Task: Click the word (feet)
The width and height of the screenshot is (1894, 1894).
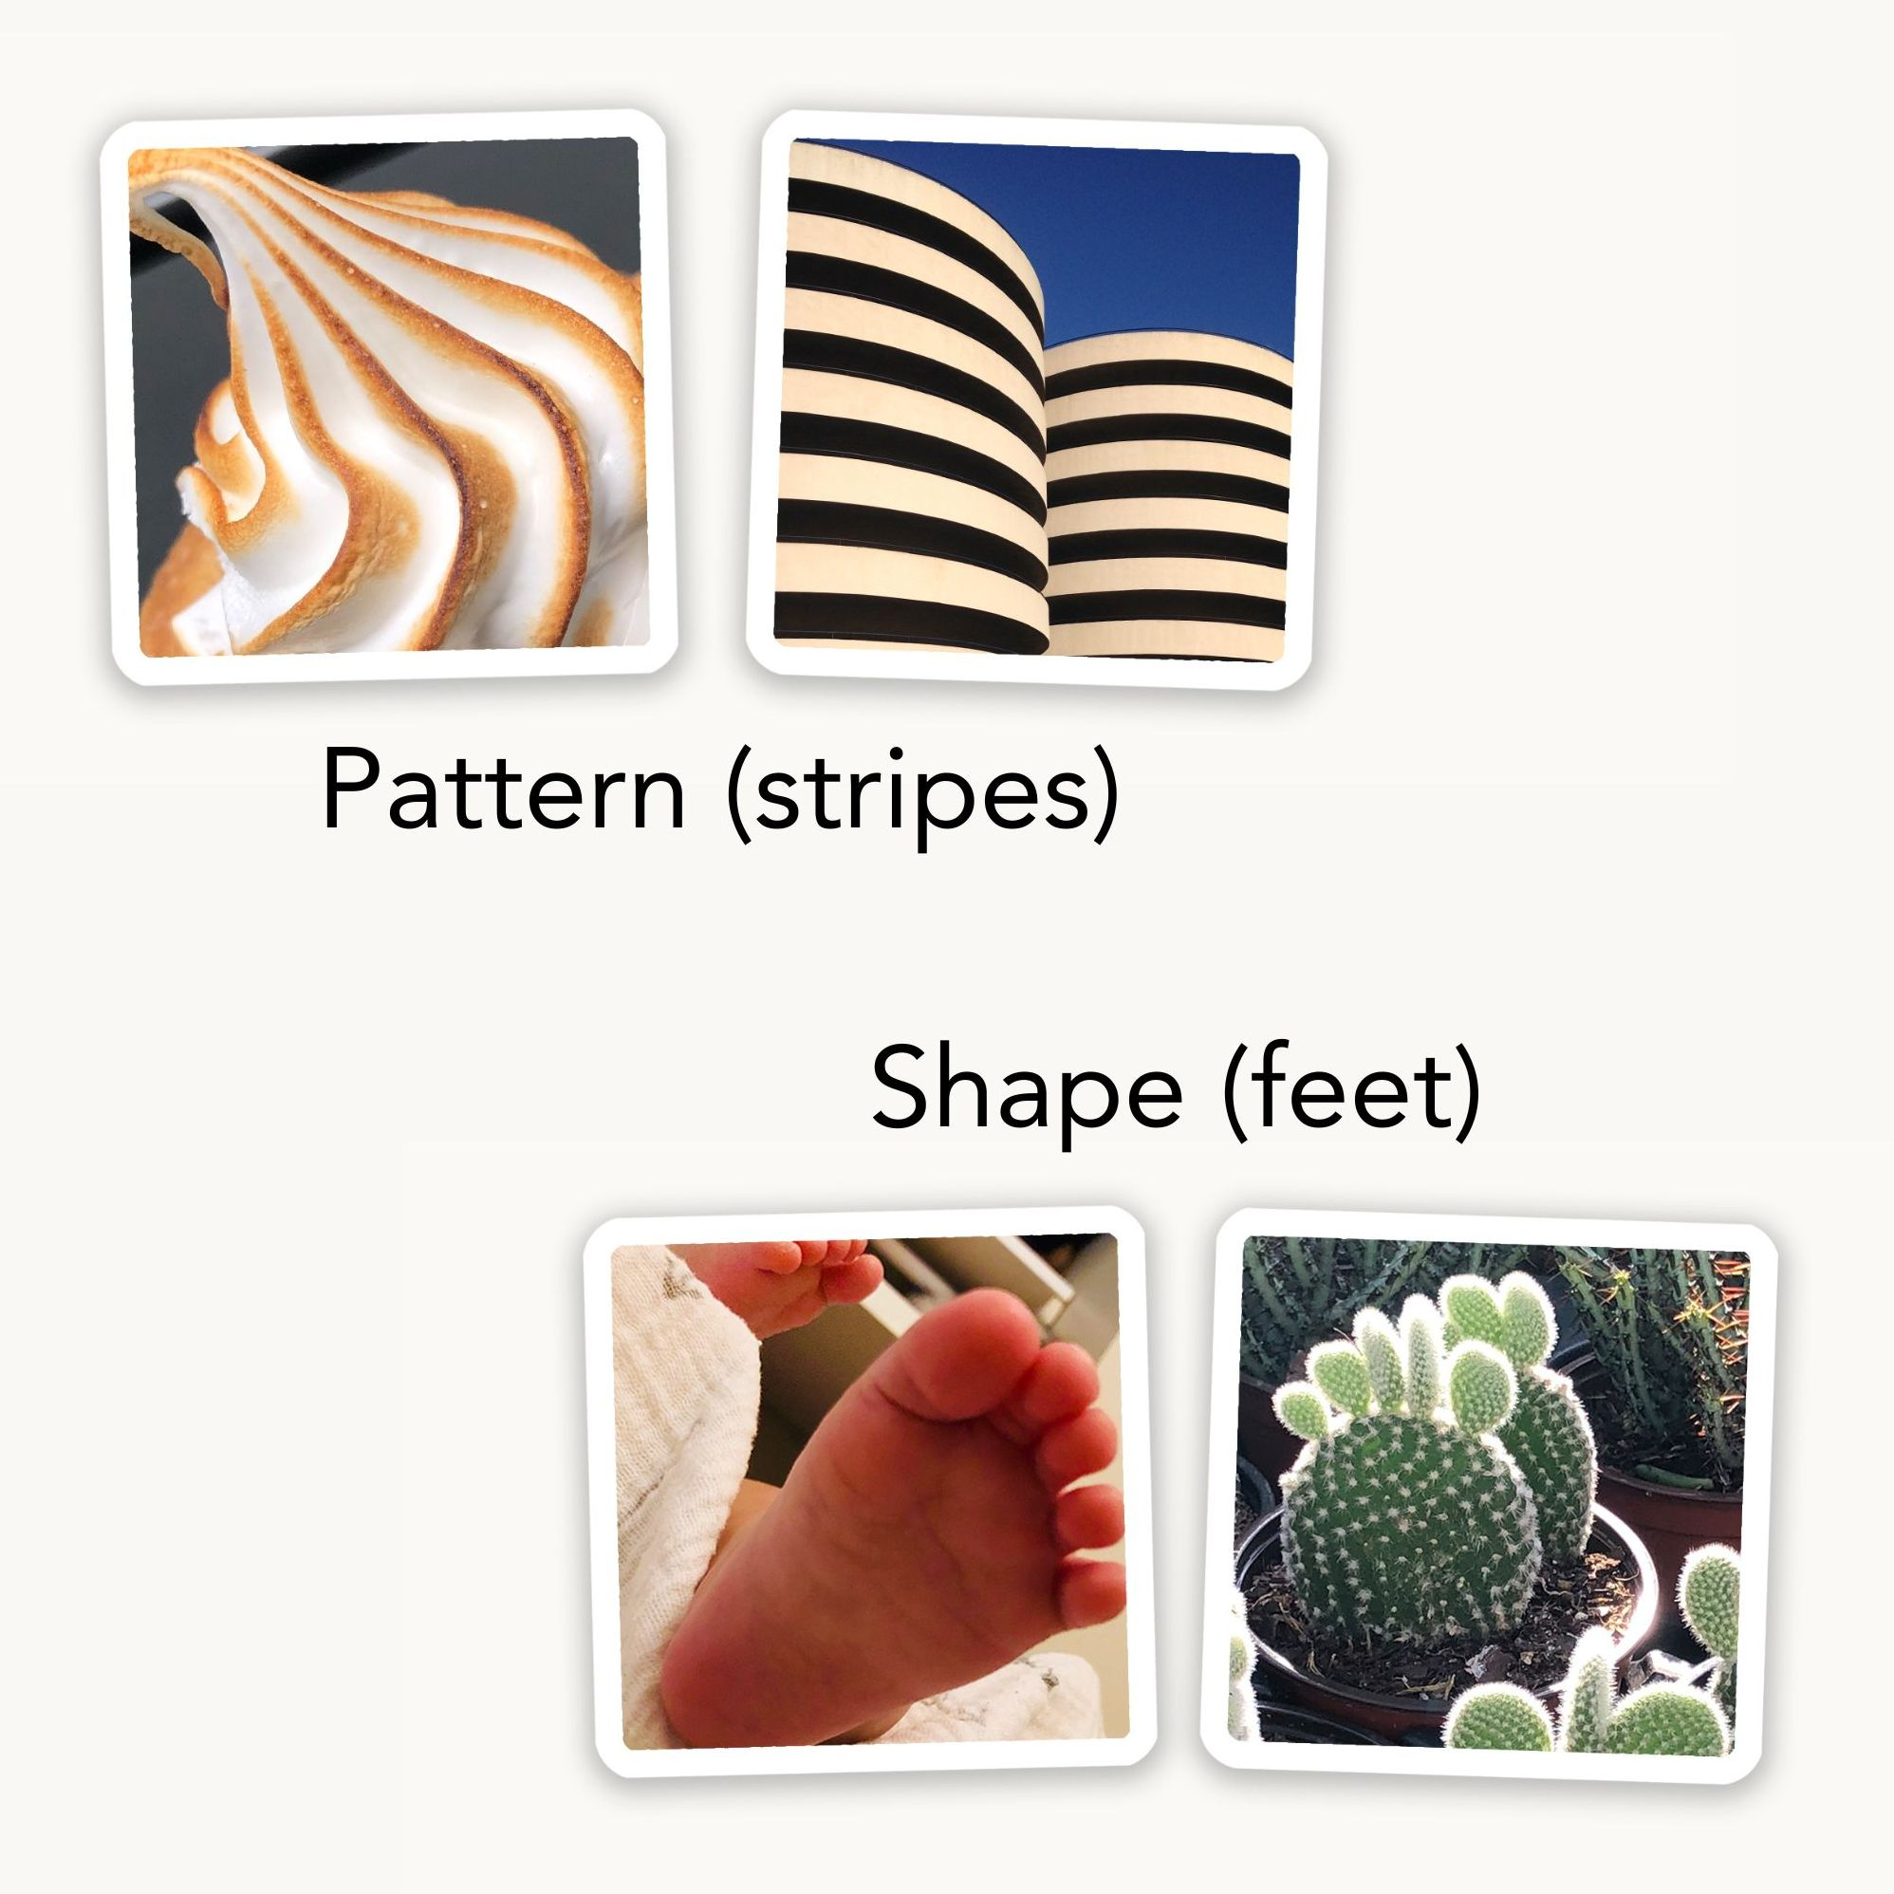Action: [x=1353, y=1090]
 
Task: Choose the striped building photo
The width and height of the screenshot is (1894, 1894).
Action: [x=1037, y=402]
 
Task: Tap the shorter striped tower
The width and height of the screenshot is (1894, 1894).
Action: [x=1166, y=500]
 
